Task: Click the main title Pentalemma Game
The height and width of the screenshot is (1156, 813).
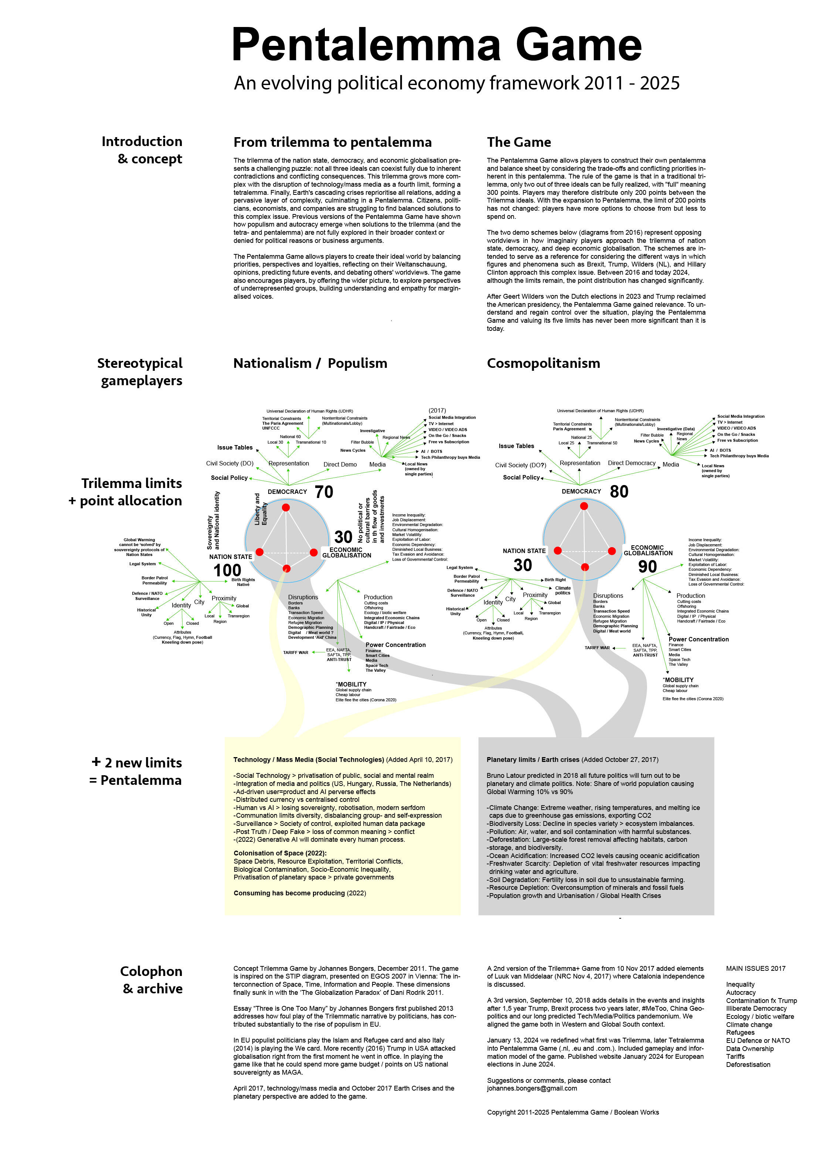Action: [x=436, y=45]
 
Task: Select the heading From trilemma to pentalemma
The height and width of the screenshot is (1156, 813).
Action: [x=332, y=142]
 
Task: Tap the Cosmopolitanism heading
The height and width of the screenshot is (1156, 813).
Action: [x=543, y=363]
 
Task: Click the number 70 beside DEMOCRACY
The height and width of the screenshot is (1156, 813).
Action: [x=324, y=492]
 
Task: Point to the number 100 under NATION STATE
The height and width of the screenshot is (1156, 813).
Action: [x=227, y=570]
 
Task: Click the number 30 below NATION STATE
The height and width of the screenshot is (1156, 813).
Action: [x=523, y=565]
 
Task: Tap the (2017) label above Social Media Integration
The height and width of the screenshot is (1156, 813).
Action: [x=437, y=410]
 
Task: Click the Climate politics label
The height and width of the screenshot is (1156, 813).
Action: [x=563, y=590]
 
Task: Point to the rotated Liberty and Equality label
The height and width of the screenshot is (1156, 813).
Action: [x=261, y=509]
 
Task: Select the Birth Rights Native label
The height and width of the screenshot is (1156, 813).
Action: [x=243, y=582]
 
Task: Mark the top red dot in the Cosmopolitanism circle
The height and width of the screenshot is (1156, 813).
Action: [x=584, y=506]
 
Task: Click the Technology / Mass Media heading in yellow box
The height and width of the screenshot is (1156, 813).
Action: [x=308, y=760]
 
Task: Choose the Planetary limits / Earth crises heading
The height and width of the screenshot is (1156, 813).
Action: [x=533, y=760]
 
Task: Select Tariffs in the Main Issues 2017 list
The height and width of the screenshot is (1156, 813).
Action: [x=735, y=1056]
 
